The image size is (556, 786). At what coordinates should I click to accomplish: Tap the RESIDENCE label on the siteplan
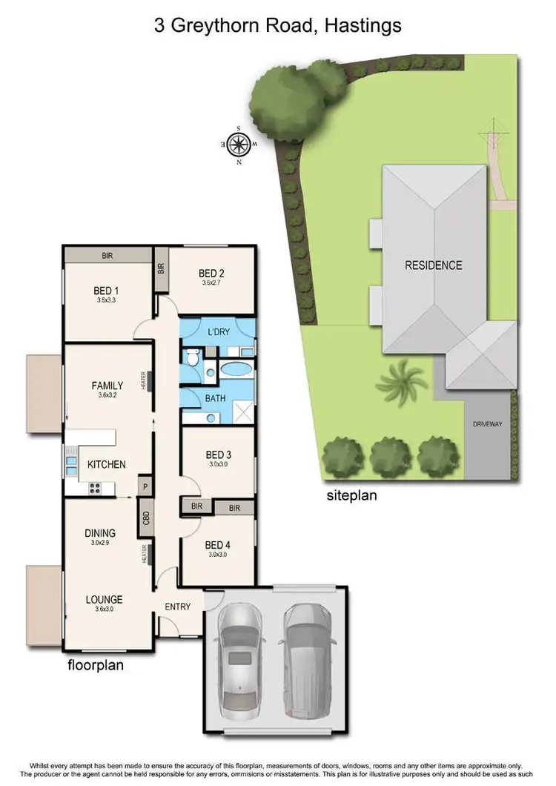[433, 265]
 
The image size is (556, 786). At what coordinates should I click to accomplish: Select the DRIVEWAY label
[487, 424]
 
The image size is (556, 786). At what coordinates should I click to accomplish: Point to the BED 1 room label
[107, 290]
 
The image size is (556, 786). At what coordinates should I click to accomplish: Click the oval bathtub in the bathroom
[235, 369]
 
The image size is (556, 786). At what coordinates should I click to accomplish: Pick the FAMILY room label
[107, 385]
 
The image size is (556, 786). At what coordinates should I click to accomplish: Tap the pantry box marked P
[145, 487]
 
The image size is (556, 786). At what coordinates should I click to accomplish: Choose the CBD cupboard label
[146, 518]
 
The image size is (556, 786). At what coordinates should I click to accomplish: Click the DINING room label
[99, 532]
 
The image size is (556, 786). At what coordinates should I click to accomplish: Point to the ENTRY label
[178, 607]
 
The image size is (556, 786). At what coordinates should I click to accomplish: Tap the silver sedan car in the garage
[240, 645]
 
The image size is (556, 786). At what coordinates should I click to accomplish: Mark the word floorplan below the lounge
[96, 665]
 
